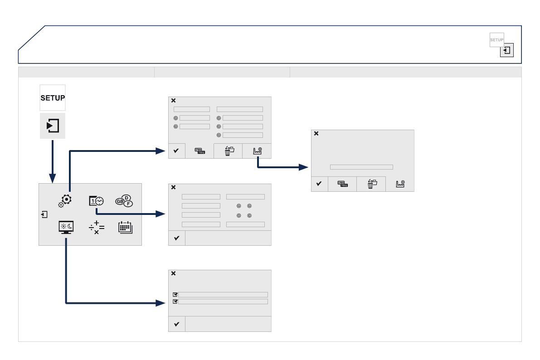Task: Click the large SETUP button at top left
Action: coord(53,97)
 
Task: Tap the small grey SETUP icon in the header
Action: coord(496,40)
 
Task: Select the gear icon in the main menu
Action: coord(66,199)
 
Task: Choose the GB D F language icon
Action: coord(124,201)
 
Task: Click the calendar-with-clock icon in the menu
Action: coord(96,201)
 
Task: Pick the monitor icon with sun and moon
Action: coord(66,227)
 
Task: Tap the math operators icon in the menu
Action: coord(96,227)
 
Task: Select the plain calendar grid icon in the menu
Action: coord(125,227)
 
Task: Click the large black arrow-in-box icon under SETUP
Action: coord(53,125)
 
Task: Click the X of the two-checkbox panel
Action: coord(173,274)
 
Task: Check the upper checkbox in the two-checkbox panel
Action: coord(175,294)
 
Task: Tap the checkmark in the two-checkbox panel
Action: coord(177,324)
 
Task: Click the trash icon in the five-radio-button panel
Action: coord(229,151)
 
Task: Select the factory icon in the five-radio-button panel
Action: coord(257,151)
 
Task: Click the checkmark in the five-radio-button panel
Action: coord(177,151)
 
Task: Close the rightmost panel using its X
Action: coord(316,134)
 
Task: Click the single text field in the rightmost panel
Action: coord(361,167)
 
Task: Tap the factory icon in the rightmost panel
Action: coord(400,184)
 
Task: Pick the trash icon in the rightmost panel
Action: coord(371,184)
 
